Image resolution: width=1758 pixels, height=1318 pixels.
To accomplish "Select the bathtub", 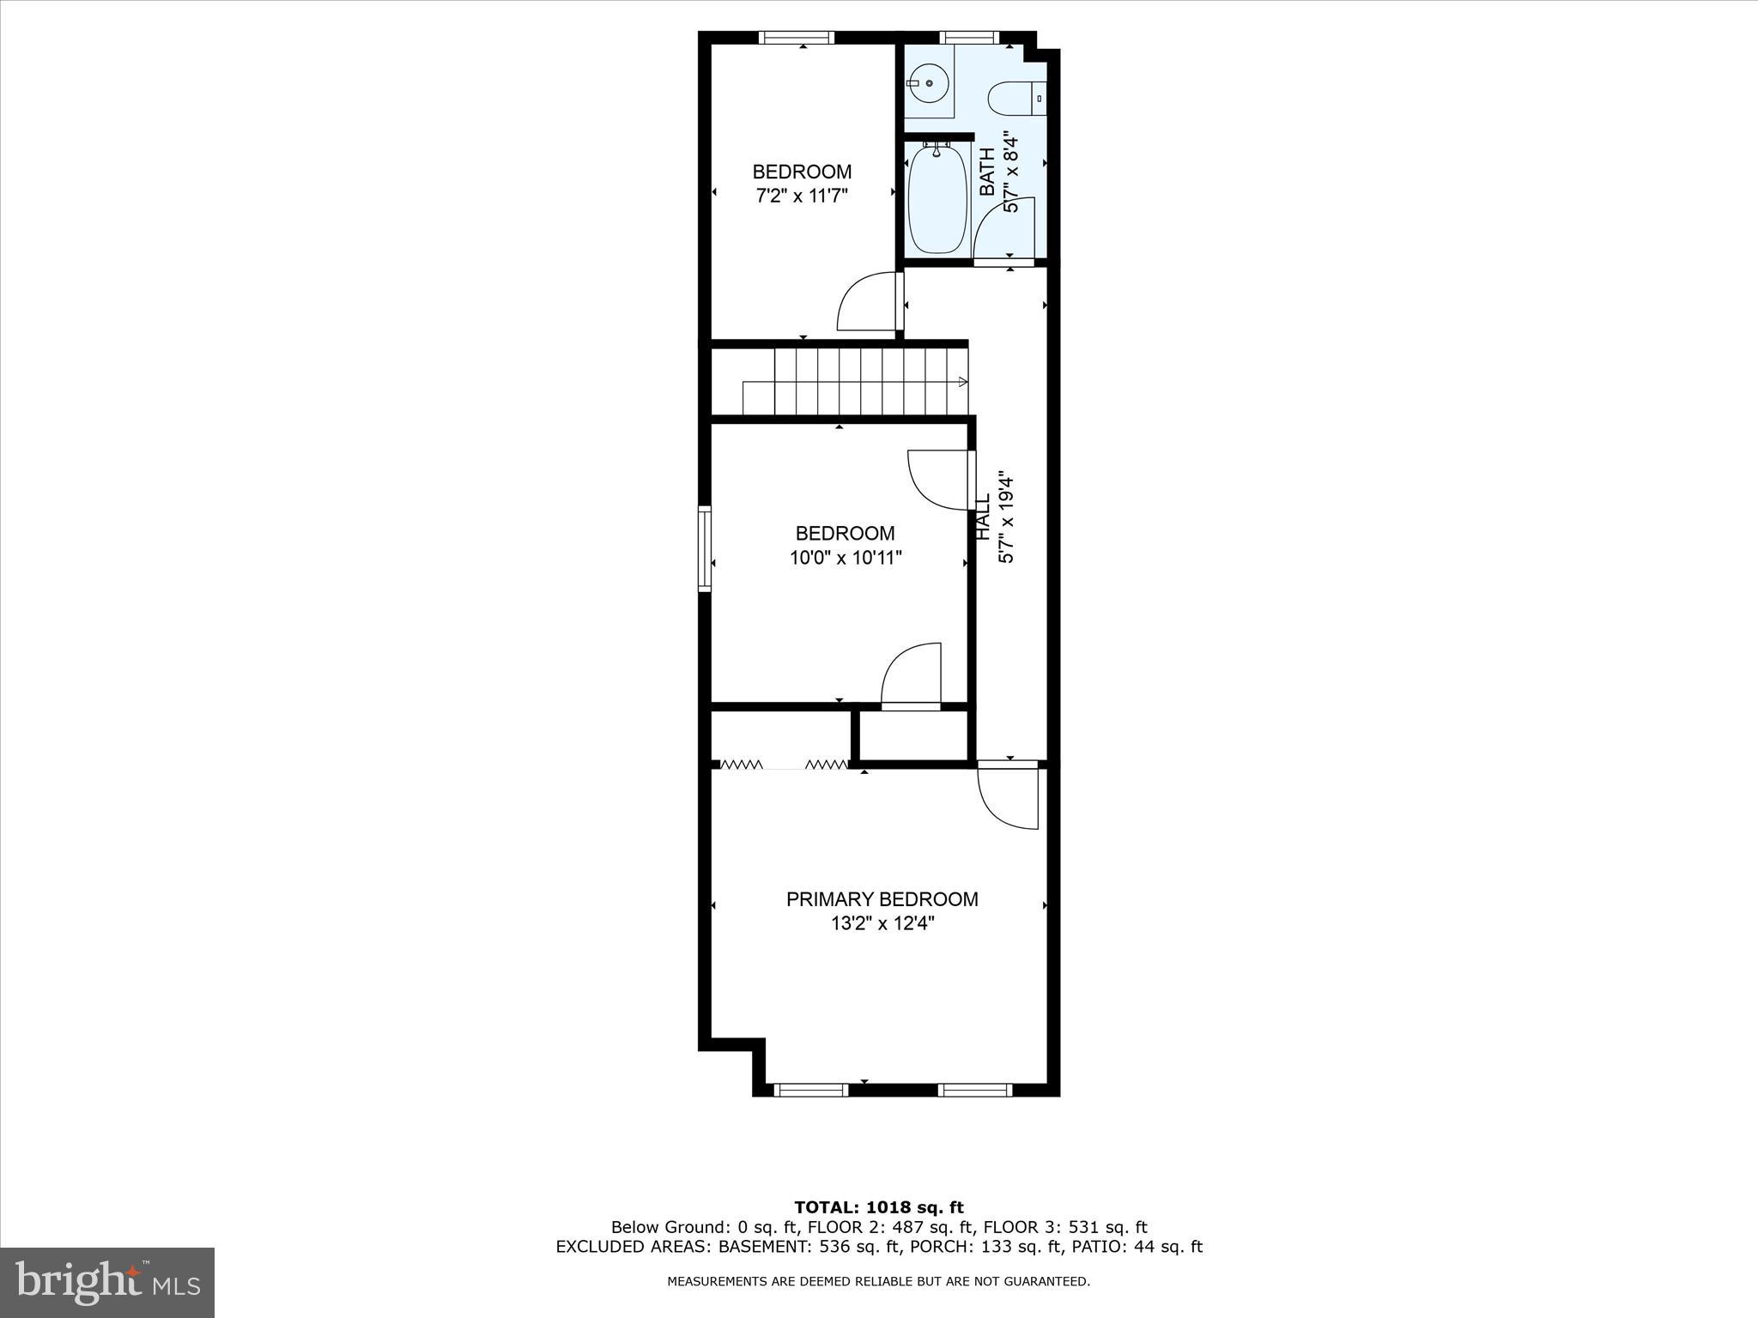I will pos(938,200).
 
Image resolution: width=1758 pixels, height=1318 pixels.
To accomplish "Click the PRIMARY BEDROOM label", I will pos(882,899).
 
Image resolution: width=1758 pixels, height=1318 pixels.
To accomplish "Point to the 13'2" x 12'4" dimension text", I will pos(882,924).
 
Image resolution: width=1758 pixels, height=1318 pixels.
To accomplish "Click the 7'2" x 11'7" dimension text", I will pos(802,196).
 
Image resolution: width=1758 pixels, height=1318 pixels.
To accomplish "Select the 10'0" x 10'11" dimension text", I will pos(846,559).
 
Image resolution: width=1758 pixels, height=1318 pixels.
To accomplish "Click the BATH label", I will pos(988,172).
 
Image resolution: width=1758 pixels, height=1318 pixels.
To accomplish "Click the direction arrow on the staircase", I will pos(962,382).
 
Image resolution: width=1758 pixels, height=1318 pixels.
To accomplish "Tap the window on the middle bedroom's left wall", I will pos(705,549).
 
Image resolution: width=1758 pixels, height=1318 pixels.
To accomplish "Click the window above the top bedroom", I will pos(797,38).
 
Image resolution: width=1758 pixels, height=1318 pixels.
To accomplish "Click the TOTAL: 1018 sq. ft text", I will pos(879,1208).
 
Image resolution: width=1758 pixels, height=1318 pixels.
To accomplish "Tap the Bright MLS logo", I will pos(107,1282).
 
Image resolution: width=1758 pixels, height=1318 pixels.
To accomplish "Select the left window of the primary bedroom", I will pos(811,1090).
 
